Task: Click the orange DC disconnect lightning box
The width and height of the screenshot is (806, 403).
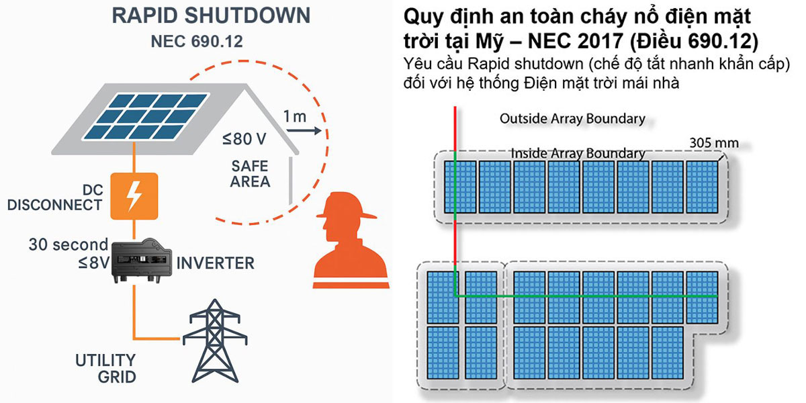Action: coord(134,195)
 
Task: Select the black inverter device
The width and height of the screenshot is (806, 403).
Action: coord(140,261)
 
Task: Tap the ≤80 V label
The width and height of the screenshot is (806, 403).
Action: coord(244,140)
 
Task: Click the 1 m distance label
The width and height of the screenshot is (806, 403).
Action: coord(294,116)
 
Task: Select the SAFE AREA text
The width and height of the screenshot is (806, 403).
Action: coord(250,173)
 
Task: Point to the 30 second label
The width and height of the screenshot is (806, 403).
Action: coord(68,244)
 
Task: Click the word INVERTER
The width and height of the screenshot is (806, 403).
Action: coord(216,262)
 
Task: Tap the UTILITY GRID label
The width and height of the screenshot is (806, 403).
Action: coord(104,368)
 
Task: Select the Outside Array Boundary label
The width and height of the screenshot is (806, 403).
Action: coord(572,119)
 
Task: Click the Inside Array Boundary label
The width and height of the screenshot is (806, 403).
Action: coord(578,153)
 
